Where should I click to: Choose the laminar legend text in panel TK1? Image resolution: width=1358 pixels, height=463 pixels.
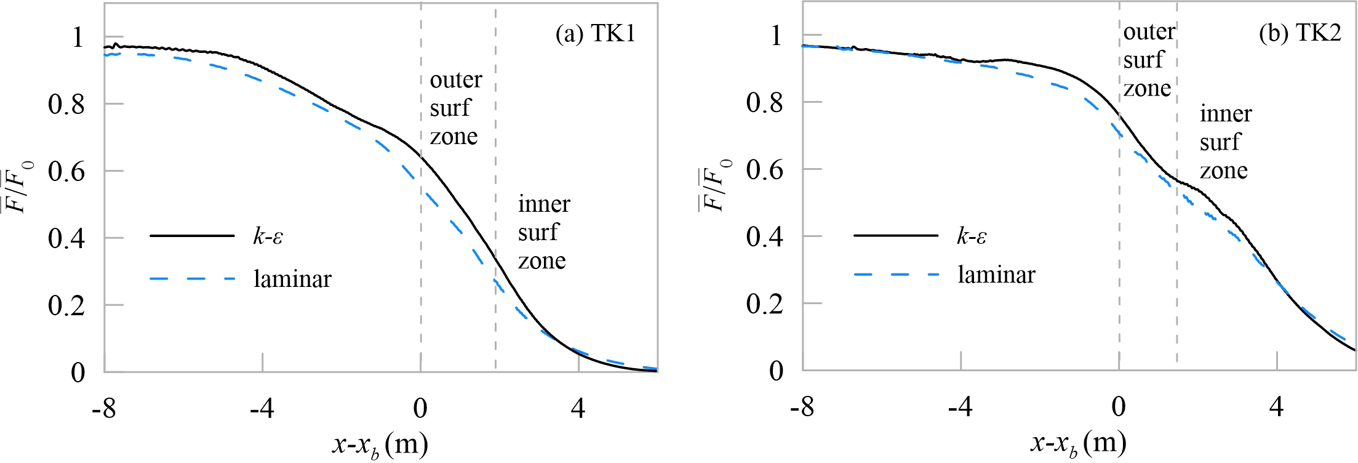[293, 280]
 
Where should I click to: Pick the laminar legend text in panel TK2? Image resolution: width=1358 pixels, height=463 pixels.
[996, 275]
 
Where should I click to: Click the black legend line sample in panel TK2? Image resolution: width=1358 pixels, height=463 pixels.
[896, 235]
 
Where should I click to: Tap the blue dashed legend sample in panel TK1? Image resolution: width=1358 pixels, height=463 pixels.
[193, 280]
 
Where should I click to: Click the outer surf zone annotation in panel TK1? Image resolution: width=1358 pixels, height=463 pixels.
[455, 108]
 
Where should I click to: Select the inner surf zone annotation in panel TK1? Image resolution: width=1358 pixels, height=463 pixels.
[543, 232]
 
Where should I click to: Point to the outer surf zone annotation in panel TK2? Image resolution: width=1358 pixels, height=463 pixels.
[1148, 60]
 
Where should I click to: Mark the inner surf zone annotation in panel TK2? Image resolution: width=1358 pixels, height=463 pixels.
[1224, 142]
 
